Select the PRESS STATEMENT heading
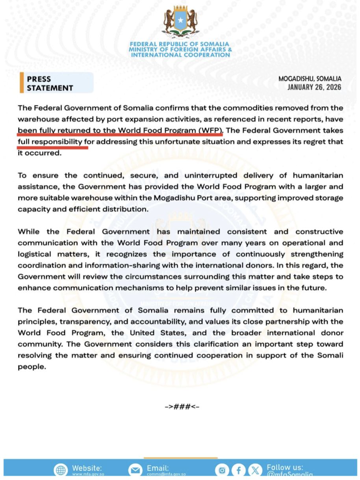pyautogui.click(x=50, y=83)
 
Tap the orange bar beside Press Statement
pyautogui.click(x=22, y=83)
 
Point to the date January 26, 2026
pyautogui.click(x=314, y=87)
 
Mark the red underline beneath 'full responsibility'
pyautogui.click(x=52, y=147)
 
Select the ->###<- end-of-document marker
pyautogui.click(x=182, y=406)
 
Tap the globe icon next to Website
pyautogui.click(x=61, y=470)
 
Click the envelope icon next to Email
pyautogui.click(x=135, y=470)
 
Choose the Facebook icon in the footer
pyautogui.click(x=238, y=470)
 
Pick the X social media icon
pyautogui.click(x=256, y=470)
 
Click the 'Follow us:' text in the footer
pyautogui.click(x=285, y=467)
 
